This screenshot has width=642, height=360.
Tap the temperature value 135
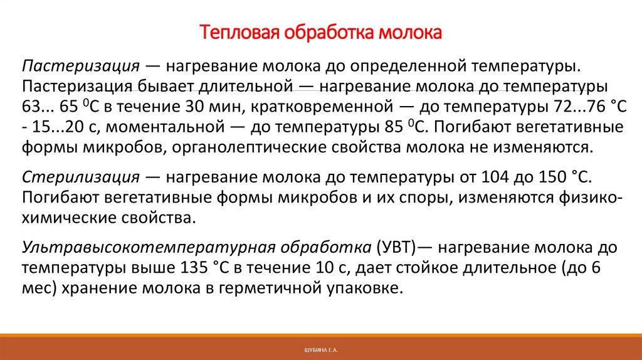(x=191, y=268)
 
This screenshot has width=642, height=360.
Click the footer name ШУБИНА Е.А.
(x=320, y=348)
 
